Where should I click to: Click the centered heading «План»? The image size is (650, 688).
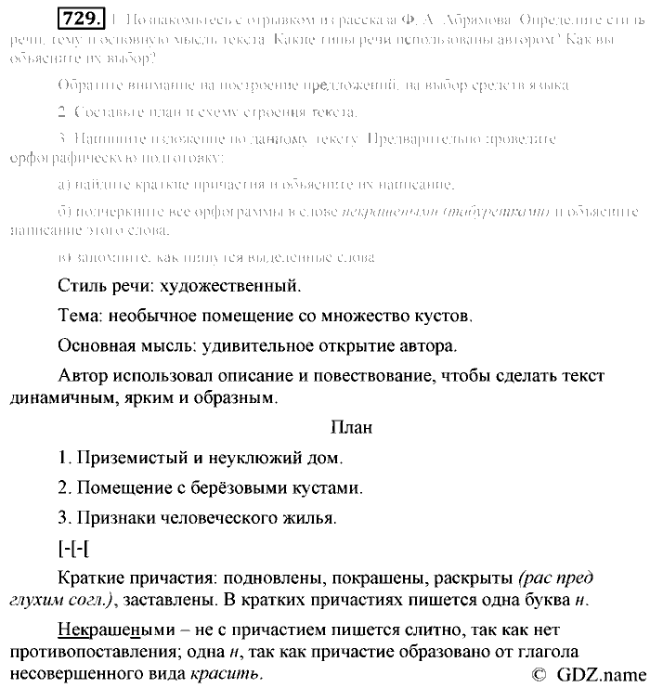(x=351, y=428)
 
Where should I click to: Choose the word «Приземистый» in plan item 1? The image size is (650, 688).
(x=123, y=458)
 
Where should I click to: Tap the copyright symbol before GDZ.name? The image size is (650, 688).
(x=539, y=675)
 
